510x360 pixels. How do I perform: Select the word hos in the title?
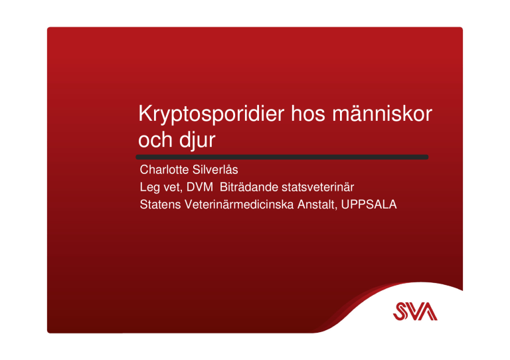pos(307,114)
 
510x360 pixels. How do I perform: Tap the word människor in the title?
pos(382,114)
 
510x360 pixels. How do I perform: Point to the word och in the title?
pos(155,139)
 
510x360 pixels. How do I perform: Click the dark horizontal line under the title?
pos(282,157)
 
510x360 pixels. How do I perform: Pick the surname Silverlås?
pos(215,169)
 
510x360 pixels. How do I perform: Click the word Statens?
pos(160,205)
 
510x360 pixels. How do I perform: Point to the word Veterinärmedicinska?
pos(239,205)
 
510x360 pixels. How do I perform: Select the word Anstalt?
pos(317,205)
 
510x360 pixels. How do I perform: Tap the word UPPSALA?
pos(369,205)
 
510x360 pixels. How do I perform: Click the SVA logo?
pos(415,312)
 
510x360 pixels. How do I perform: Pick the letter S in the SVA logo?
pos(400,312)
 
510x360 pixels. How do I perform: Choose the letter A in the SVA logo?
pos(428,312)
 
